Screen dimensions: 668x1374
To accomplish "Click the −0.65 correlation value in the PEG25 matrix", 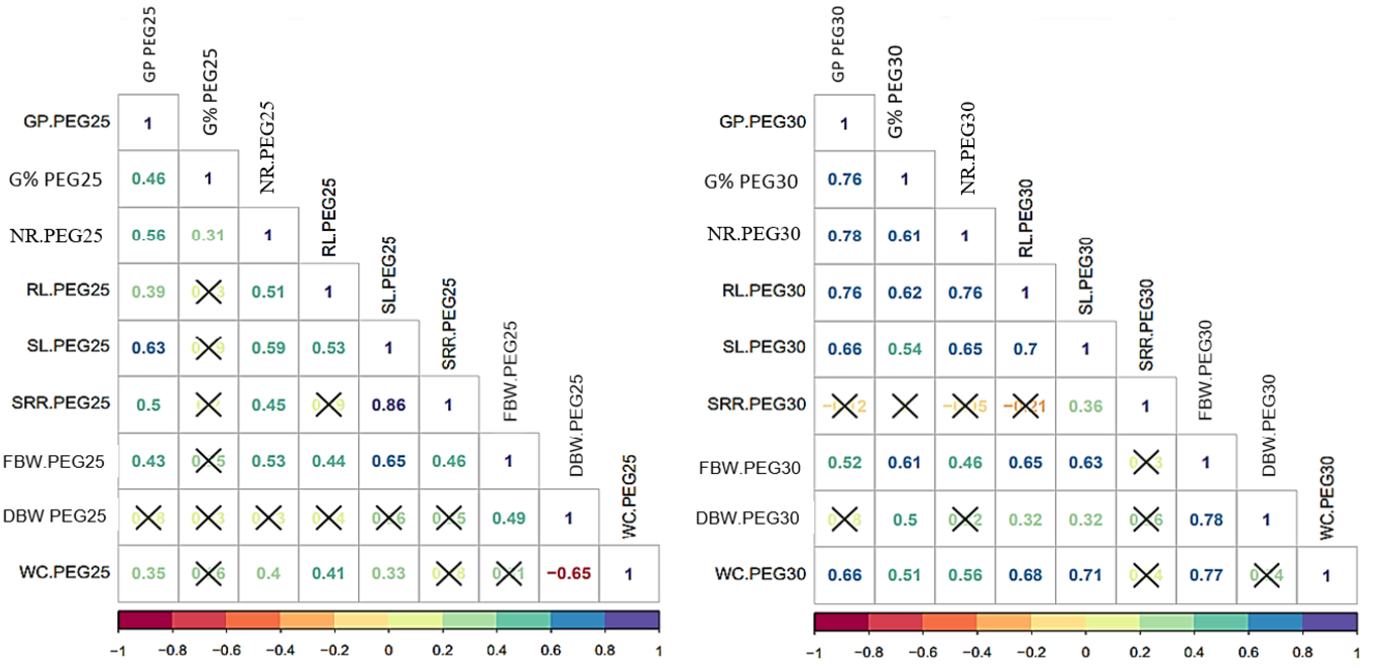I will click(x=569, y=573).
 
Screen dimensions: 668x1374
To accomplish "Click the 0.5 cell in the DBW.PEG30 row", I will click(x=905, y=520).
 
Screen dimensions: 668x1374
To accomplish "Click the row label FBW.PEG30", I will click(x=749, y=468).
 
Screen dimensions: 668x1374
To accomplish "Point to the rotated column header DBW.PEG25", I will click(x=576, y=426).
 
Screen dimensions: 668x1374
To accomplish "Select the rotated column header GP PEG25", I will click(x=149, y=44).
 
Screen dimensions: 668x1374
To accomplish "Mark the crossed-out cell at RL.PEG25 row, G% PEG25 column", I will click(x=208, y=292).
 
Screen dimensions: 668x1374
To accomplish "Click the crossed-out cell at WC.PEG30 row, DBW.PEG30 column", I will click(x=1266, y=575).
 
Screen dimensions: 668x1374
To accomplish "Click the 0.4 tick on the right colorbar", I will click(x=1194, y=652).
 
